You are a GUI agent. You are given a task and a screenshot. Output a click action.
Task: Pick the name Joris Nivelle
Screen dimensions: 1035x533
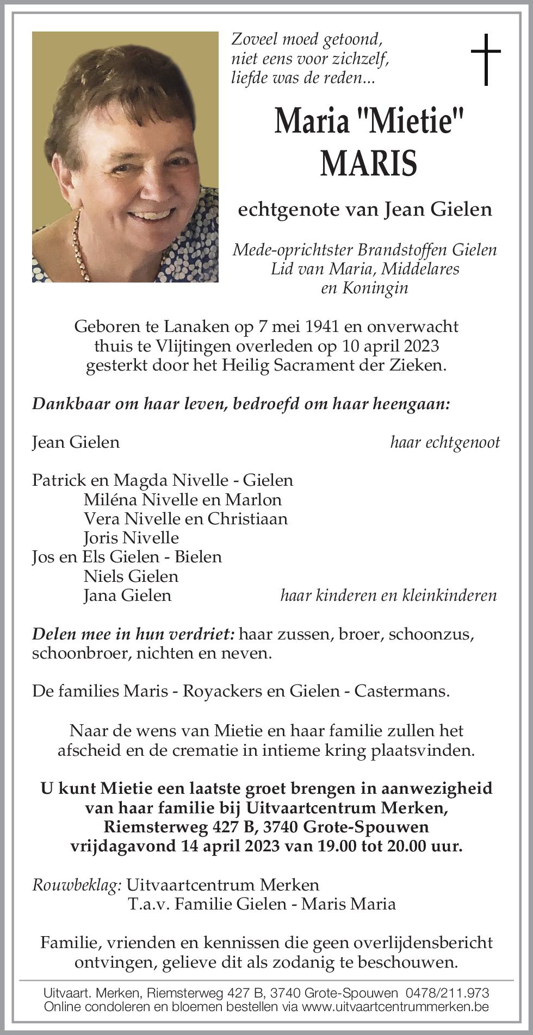pos(131,538)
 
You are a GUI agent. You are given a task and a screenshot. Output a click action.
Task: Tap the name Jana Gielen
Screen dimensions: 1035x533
pos(127,595)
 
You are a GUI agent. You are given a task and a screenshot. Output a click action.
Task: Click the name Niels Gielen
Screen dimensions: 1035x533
pos(131,576)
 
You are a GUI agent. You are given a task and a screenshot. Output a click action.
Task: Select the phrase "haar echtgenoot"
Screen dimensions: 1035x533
pos(444,442)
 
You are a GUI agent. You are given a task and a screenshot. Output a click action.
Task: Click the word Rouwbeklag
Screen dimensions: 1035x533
pos(76,885)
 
